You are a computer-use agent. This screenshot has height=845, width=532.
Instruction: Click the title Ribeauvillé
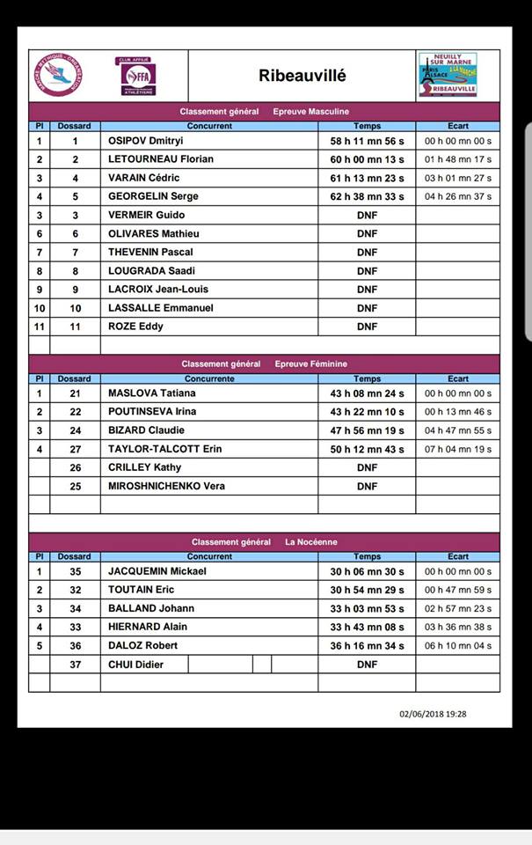click(302, 76)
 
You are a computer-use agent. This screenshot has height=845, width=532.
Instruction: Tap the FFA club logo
click(138, 77)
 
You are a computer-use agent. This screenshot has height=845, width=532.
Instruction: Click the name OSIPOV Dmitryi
click(146, 141)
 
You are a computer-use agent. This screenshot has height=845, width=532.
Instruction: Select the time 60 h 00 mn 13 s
click(367, 159)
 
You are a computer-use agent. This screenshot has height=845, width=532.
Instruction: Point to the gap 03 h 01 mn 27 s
click(458, 178)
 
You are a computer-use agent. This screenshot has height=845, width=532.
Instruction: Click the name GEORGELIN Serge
click(153, 196)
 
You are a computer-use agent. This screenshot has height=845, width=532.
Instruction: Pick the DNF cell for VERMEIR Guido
click(367, 215)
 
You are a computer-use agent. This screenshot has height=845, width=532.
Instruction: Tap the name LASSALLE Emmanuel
click(160, 308)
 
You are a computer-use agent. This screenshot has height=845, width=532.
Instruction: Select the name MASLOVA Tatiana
click(151, 393)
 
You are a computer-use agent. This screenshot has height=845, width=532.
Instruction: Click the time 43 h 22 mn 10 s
click(367, 412)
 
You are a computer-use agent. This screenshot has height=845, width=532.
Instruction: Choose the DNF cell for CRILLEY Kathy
click(367, 467)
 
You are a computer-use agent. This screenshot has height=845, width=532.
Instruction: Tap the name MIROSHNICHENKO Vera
click(166, 486)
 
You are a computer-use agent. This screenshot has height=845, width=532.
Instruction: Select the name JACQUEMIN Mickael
click(157, 571)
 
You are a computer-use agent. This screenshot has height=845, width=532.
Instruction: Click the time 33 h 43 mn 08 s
click(367, 627)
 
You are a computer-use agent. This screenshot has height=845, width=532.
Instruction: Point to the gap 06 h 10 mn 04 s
click(458, 645)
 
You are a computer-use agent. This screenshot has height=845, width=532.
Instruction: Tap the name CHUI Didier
click(135, 665)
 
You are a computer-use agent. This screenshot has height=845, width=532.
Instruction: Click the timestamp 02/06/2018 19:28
click(433, 714)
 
